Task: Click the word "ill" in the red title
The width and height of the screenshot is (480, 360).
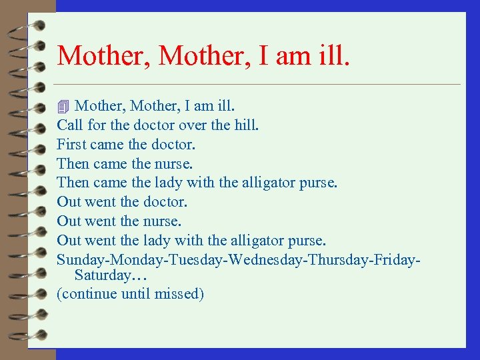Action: (331, 55)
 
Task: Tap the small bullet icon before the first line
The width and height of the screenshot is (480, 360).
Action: (63, 106)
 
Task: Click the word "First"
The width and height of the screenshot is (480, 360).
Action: (71, 144)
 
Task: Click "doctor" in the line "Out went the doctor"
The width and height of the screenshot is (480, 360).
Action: (163, 201)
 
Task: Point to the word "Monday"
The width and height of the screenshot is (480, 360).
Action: (127, 259)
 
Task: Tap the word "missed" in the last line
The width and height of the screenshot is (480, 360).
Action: (178, 293)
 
